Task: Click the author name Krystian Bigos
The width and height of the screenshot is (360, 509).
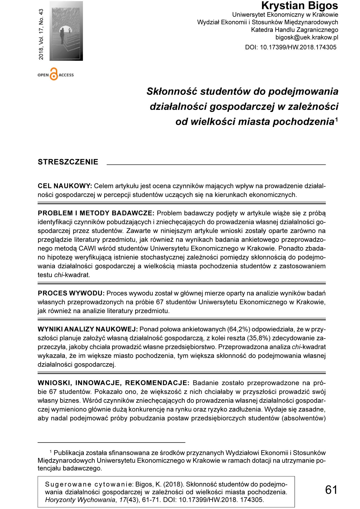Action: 300,6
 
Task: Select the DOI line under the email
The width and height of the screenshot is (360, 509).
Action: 290,47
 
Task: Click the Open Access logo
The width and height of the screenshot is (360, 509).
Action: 55,74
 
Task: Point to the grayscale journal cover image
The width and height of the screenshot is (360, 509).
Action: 66,31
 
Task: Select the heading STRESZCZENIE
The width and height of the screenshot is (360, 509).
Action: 68,162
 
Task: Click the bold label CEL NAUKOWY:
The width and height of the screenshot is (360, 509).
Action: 65,186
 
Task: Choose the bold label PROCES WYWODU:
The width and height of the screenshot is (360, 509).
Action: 72,293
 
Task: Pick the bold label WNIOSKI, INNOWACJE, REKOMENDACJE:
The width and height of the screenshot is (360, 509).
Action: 114,383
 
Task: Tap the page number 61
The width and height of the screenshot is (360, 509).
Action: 331,490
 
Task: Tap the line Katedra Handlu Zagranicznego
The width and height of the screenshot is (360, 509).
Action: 294,30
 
